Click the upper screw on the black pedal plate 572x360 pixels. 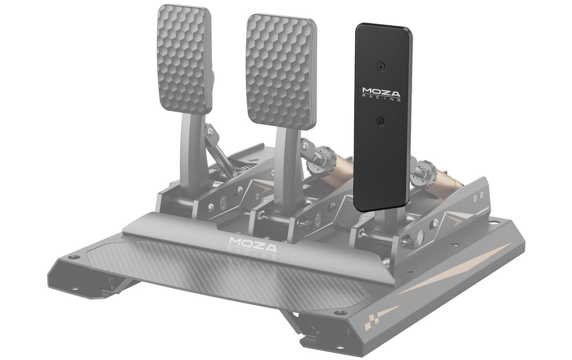point(381,67)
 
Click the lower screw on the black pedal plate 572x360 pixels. point(381,121)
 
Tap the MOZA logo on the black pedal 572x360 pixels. point(381,92)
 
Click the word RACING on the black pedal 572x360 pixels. point(382,99)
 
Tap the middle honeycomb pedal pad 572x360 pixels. point(281,71)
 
